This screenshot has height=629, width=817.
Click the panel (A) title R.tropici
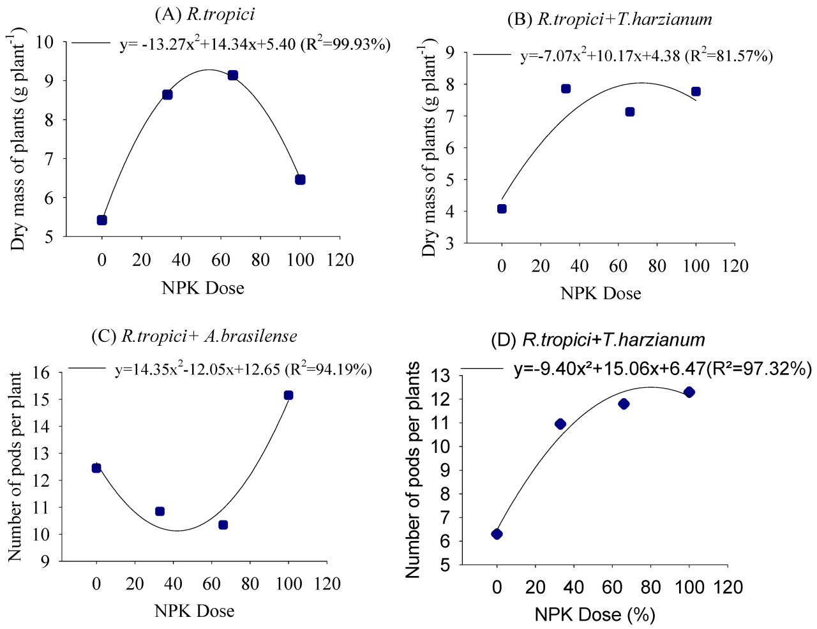204,14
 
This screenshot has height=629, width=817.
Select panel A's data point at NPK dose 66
233,75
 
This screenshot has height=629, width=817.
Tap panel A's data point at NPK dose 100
300,180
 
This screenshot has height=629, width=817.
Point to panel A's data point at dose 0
102,220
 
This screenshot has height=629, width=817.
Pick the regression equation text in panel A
255,45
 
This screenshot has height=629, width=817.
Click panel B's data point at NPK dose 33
566,89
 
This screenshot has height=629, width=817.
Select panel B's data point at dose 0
502,209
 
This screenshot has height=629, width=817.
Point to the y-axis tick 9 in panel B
451,52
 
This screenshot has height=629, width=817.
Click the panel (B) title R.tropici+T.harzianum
610,19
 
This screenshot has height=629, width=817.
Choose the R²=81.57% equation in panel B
646,56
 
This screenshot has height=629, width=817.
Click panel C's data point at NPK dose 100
289,396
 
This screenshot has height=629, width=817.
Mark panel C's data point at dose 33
160,512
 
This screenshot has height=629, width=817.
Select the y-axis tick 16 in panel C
41,373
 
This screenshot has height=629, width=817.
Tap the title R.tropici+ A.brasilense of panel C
194,336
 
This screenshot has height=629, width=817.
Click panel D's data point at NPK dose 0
497,534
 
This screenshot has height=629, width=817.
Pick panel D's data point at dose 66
624,404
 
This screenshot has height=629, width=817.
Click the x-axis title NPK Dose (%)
595,614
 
